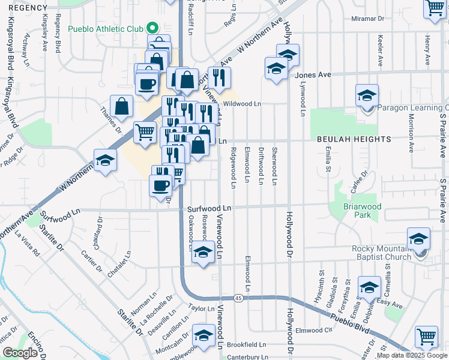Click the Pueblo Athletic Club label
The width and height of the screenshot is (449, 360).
(106, 28)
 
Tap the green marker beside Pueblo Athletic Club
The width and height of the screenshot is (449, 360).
(152, 28)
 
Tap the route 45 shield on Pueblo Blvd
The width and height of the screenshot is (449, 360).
(238, 298)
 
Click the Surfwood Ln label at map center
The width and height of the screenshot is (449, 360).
(208, 209)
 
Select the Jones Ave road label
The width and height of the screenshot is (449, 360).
(313, 75)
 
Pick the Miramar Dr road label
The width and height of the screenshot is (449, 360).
(368, 19)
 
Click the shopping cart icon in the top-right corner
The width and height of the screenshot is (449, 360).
(435, 8)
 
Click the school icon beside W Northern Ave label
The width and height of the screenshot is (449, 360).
(105, 161)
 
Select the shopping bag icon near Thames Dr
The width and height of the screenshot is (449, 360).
(122, 106)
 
